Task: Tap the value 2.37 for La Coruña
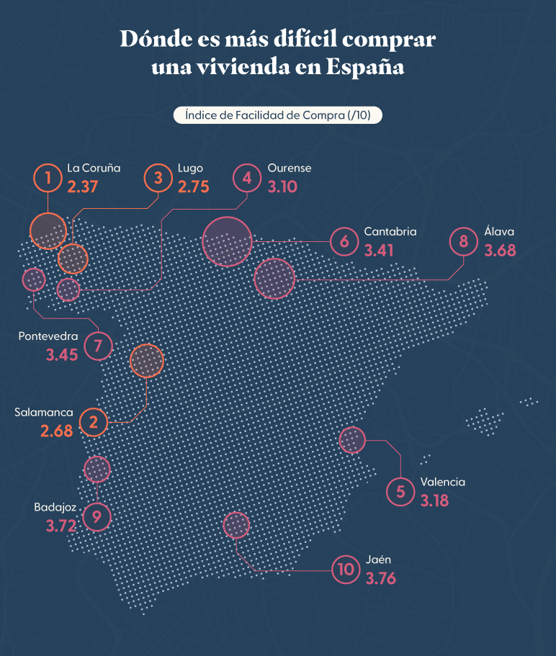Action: coord(82,187)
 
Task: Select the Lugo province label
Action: coord(190,169)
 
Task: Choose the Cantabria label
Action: coord(390,232)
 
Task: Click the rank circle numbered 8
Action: coord(463,241)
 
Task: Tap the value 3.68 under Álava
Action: coord(501,251)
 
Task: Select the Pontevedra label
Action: coord(48,336)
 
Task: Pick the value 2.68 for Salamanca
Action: coord(57,431)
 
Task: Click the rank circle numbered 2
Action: coord(94,422)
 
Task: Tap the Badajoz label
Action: coord(55,507)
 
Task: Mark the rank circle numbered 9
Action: coord(97,516)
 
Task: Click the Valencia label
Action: coord(442,482)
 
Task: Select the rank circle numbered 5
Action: coord(400,491)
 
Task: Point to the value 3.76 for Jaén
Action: coord(381,578)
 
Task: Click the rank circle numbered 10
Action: coord(346,570)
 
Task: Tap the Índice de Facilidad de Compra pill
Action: coord(277,115)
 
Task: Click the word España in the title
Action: coord(364,67)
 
